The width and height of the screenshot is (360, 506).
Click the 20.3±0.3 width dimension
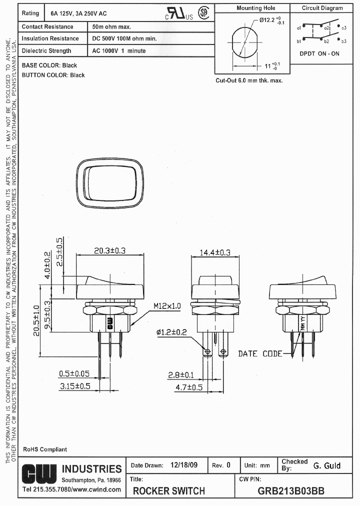(x=109, y=250)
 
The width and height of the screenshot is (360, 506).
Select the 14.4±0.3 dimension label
(x=215, y=253)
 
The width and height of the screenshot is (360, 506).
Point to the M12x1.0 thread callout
(x=167, y=305)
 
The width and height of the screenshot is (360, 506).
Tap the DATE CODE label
(x=259, y=353)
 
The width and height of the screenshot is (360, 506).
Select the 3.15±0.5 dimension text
(x=75, y=386)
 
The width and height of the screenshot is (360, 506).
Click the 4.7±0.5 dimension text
(x=189, y=387)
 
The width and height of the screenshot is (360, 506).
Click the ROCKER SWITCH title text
(x=168, y=491)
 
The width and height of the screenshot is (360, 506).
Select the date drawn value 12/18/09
(x=184, y=465)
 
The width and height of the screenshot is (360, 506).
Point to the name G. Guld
(x=326, y=465)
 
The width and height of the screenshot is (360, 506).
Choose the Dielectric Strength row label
(x=46, y=50)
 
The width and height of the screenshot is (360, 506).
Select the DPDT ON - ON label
(x=319, y=53)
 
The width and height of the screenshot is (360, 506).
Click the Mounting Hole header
(x=256, y=8)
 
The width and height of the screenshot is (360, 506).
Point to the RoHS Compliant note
(x=44, y=449)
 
